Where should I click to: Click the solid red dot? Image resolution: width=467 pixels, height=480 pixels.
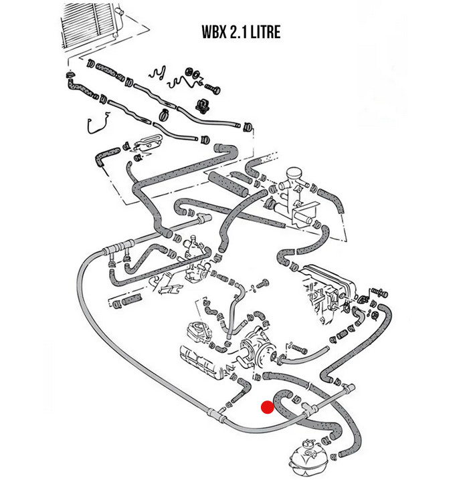click(x=267, y=406)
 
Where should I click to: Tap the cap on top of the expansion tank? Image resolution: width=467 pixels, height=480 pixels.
click(x=308, y=443)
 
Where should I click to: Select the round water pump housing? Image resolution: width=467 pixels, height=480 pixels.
click(x=258, y=344)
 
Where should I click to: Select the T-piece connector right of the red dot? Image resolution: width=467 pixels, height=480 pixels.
click(x=309, y=406)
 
